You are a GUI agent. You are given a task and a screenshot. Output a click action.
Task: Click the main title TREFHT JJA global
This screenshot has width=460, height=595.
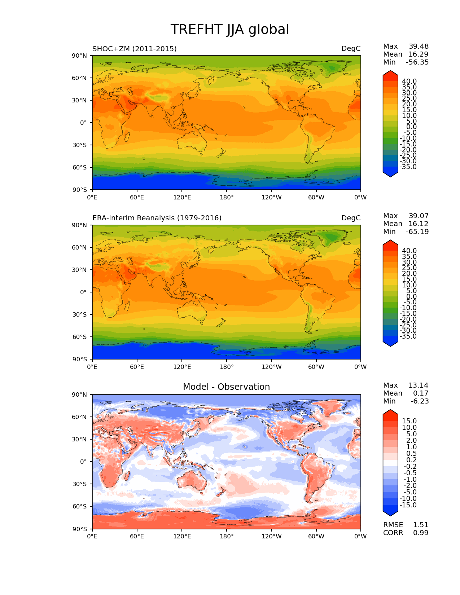coord(229,30)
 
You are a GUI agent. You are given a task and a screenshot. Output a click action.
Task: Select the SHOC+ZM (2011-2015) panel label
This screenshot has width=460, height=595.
coord(135,49)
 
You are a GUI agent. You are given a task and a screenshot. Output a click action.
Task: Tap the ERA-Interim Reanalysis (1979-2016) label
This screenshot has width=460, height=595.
coord(157,218)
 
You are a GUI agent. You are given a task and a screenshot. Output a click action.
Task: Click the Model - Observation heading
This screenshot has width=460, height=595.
coord(226,387)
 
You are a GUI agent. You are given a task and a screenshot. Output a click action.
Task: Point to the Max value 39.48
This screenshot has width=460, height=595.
coord(419,47)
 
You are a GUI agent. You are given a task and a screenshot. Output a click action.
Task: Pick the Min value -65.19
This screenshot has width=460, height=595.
coord(417,232)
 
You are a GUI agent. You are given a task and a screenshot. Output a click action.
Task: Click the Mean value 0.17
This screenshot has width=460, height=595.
coord(421,393)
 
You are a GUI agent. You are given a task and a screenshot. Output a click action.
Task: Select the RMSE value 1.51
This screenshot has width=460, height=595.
coord(421,525)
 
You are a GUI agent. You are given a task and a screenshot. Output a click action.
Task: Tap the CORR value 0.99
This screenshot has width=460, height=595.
coord(421,533)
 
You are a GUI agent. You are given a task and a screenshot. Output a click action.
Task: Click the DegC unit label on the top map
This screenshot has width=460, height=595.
coord(351,49)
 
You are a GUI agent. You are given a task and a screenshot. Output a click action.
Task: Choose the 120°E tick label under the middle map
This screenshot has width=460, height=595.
coord(182,367)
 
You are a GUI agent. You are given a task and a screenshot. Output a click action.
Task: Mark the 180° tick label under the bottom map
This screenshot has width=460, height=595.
coord(227,537)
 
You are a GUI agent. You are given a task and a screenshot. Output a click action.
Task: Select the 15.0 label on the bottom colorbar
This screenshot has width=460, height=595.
coord(409,421)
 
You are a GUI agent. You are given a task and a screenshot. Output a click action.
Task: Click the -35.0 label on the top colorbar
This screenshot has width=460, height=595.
coord(408,167)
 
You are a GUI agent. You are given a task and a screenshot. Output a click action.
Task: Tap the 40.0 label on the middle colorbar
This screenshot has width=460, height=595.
coord(409,251)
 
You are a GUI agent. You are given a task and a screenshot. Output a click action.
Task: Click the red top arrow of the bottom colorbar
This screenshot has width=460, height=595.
coord(390,414)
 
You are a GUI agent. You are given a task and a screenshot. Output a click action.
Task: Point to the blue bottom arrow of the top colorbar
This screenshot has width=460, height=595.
coord(390,173)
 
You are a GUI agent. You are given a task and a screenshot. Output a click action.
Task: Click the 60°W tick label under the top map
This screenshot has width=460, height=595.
coord(316,198)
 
